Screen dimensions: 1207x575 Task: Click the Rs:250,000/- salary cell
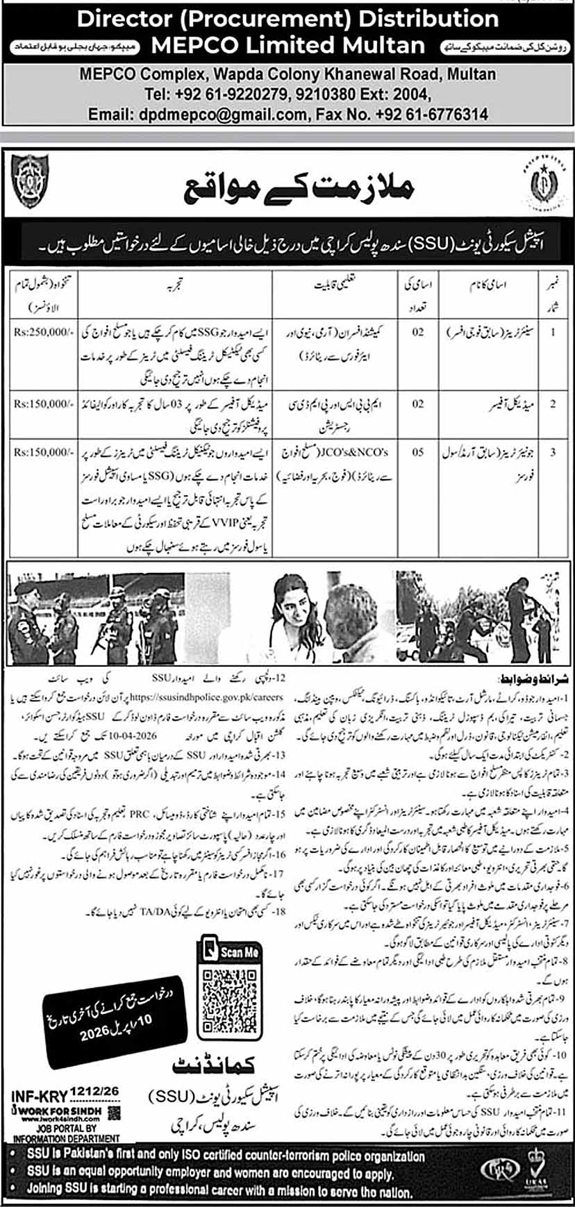(42, 332)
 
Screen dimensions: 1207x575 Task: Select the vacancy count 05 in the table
(417, 452)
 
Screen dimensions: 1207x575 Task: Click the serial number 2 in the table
(553, 403)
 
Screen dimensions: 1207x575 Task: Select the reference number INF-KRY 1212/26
(65, 1096)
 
